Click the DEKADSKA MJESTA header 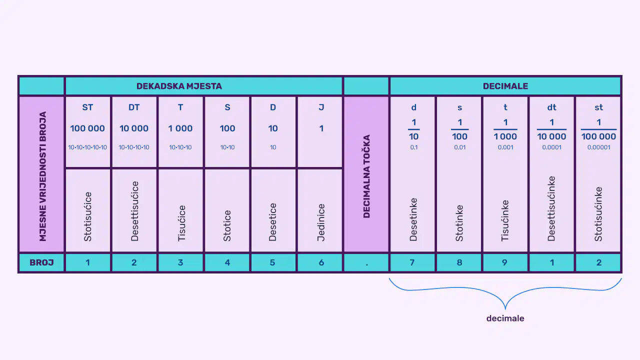(x=179, y=86)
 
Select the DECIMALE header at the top (x=505, y=86)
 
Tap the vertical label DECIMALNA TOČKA (x=366, y=176)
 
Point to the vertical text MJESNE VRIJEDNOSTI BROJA (x=42, y=176)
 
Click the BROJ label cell (x=41, y=262)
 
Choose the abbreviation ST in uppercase (x=87, y=107)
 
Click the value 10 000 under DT (x=134, y=128)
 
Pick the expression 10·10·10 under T (x=180, y=147)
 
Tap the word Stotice (x=227, y=225)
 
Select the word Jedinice (x=321, y=222)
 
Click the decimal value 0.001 (x=505, y=147)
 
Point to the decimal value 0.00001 (x=598, y=147)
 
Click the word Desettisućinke (x=551, y=208)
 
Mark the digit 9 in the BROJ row (x=504, y=262)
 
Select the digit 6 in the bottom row (x=321, y=262)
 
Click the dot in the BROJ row (x=366, y=265)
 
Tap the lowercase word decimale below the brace (x=505, y=318)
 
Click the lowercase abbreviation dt (x=551, y=107)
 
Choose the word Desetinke (x=413, y=219)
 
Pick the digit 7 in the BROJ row (x=412, y=262)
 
